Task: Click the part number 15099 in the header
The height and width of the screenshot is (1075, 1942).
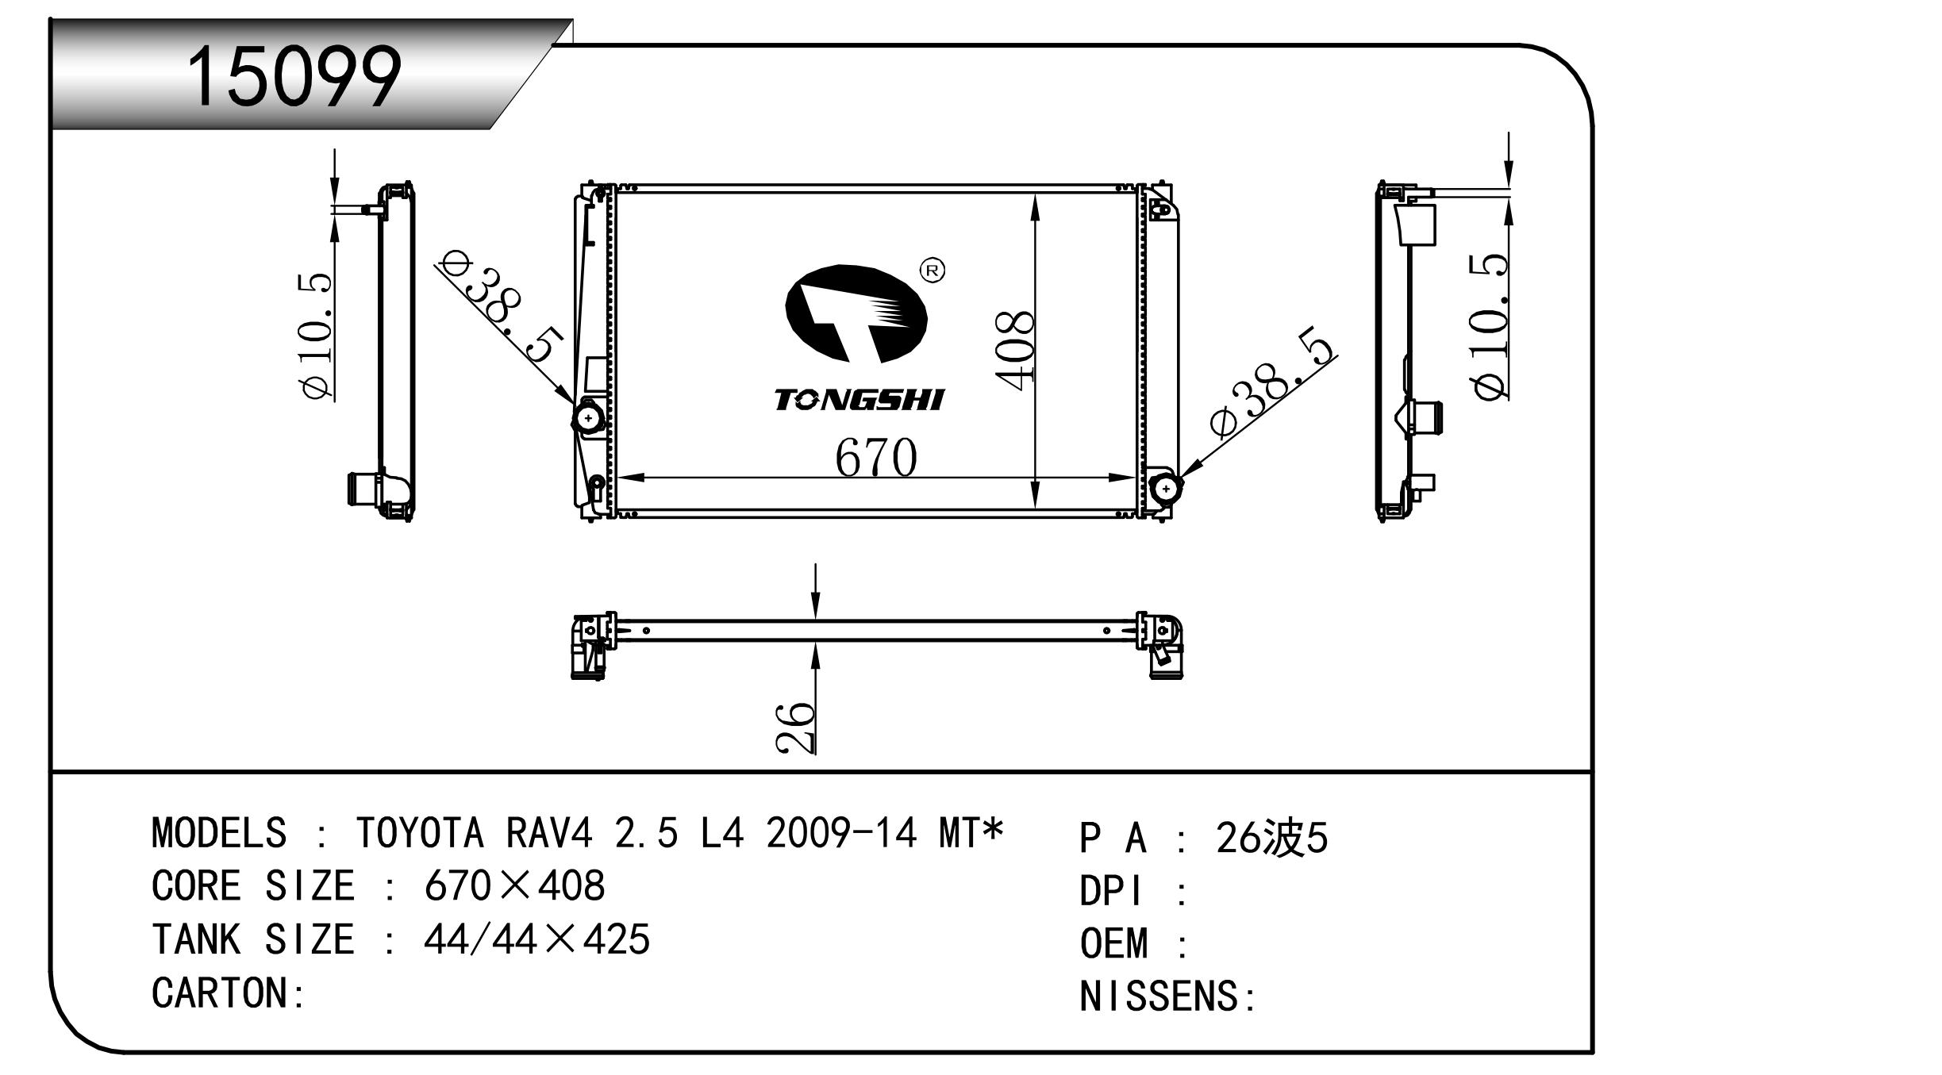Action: pos(294,76)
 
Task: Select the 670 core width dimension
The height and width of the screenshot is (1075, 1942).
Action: pos(876,457)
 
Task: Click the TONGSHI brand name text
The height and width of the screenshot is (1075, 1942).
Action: pos(859,400)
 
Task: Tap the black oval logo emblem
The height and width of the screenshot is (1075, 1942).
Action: pos(856,314)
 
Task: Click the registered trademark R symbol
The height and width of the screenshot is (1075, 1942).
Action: pos(933,271)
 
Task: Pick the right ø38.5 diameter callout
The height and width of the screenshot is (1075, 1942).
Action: pos(1273,381)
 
